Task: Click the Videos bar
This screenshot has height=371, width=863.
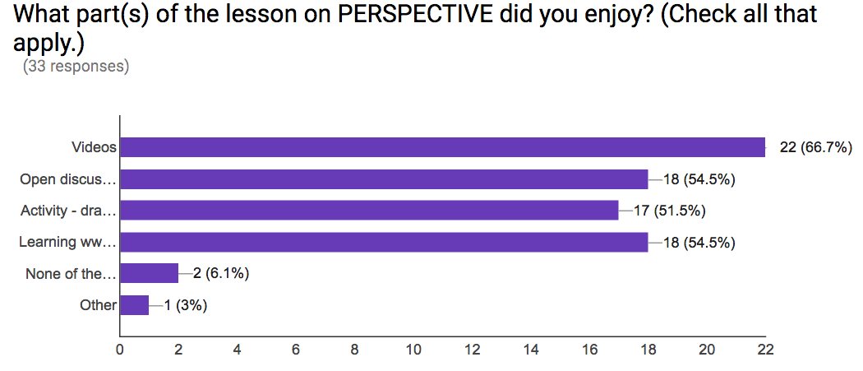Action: tap(443, 147)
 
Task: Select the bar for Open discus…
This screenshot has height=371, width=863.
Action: tap(384, 179)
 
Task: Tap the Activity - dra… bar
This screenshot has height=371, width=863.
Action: tap(369, 211)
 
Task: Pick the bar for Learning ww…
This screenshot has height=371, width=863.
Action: tap(384, 242)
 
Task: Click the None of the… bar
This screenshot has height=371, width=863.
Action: tap(150, 273)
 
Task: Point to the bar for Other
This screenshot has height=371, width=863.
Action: tap(135, 305)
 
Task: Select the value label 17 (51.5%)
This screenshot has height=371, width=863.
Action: tap(669, 211)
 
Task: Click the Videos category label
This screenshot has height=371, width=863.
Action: tap(94, 147)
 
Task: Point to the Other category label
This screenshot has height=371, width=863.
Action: tap(99, 305)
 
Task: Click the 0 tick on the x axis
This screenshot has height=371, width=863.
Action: tap(120, 349)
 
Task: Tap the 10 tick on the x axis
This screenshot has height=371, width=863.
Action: tap(413, 349)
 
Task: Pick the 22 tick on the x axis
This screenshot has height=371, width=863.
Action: tap(765, 349)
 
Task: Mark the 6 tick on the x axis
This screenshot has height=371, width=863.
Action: tap(296, 349)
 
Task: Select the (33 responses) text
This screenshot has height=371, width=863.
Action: tap(76, 67)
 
